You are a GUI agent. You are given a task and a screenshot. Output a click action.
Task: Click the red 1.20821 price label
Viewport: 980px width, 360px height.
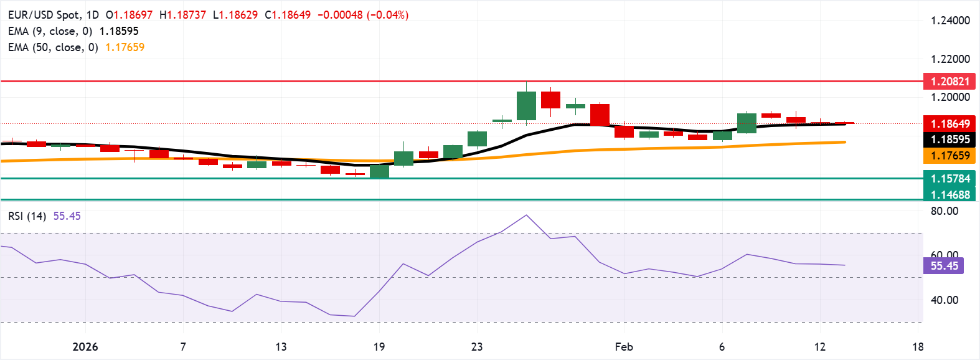(949, 82)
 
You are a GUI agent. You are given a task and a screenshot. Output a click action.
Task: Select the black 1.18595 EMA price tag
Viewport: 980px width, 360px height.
(949, 140)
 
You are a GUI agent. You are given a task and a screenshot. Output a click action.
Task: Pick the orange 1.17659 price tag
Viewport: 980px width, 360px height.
(949, 156)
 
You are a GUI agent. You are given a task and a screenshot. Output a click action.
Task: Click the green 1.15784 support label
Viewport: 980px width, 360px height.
(949, 179)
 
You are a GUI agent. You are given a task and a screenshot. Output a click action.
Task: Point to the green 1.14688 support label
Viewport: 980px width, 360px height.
(949, 195)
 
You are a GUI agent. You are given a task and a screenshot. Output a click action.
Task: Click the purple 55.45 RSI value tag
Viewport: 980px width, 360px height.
(944, 266)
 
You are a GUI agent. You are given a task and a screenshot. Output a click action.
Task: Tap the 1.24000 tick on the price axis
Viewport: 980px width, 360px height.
(950, 21)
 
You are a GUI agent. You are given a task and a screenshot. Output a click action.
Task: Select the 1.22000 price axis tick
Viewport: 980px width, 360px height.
(950, 59)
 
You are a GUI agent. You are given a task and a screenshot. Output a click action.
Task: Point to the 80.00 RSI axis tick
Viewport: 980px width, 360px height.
(945, 211)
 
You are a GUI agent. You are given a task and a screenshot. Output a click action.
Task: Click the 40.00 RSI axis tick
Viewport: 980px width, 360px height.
(945, 300)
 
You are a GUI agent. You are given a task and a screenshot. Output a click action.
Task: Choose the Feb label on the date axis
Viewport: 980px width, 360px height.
(624, 347)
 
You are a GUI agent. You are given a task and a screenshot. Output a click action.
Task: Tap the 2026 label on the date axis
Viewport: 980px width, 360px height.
(85, 347)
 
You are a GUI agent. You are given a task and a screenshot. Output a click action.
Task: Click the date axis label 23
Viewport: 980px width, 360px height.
(477, 347)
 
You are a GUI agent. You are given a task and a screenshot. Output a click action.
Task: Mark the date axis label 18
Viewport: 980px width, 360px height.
(918, 347)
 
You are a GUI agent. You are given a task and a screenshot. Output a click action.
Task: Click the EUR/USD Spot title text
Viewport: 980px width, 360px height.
(44, 15)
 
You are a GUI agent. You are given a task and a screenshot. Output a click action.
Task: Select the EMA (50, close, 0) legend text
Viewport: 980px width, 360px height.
(53, 47)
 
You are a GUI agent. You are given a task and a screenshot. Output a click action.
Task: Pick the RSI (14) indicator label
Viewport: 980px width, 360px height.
(27, 216)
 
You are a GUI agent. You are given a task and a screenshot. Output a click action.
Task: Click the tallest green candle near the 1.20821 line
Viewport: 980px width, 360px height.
(526, 105)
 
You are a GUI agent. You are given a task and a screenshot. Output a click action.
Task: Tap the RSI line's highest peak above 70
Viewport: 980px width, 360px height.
(526, 216)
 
